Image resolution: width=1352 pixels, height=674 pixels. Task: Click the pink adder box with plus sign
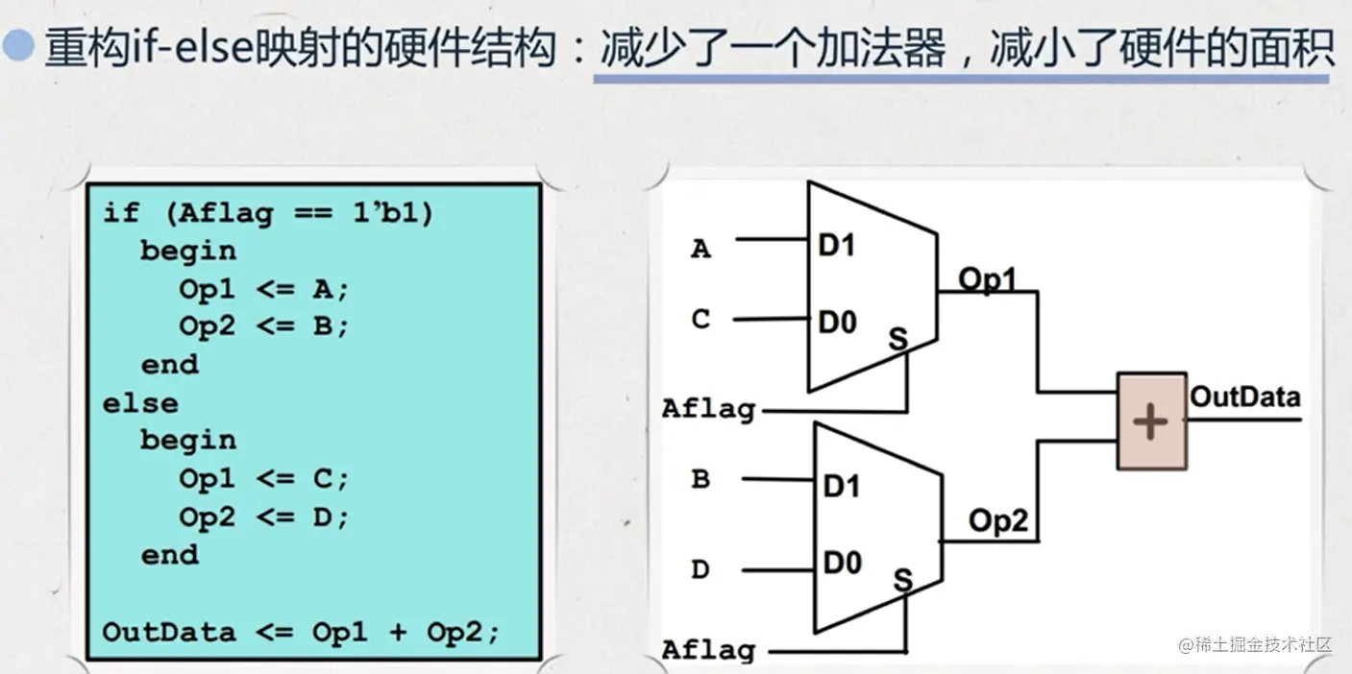click(1151, 421)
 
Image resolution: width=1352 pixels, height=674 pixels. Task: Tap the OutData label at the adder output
click(1244, 397)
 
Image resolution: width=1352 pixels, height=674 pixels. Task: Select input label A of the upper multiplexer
click(701, 249)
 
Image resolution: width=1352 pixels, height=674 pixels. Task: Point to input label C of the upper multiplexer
click(701, 319)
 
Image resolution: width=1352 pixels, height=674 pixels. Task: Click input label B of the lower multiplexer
click(701, 479)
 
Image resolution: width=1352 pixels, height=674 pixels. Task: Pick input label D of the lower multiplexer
click(701, 569)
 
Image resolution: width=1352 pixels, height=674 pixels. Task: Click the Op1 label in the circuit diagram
click(988, 279)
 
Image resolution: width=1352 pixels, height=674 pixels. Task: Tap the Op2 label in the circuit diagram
click(998, 520)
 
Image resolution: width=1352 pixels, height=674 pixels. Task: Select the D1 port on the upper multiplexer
click(837, 246)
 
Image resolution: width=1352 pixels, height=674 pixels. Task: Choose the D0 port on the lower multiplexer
click(843, 563)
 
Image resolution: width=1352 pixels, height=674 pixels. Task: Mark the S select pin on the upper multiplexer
click(898, 339)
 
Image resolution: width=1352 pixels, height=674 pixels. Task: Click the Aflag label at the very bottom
click(708, 650)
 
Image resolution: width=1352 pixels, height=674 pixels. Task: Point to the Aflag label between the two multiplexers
click(708, 409)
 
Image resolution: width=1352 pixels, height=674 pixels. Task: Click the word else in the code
click(140, 403)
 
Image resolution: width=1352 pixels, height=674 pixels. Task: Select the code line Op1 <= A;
click(263, 289)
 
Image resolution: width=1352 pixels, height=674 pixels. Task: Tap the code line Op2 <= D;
click(263, 517)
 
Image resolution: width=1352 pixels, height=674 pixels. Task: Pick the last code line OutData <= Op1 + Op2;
click(301, 633)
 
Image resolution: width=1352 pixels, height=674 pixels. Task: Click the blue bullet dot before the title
click(18, 44)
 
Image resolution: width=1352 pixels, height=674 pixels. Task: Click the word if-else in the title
click(190, 48)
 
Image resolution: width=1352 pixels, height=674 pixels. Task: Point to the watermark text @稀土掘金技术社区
click(1255, 644)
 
